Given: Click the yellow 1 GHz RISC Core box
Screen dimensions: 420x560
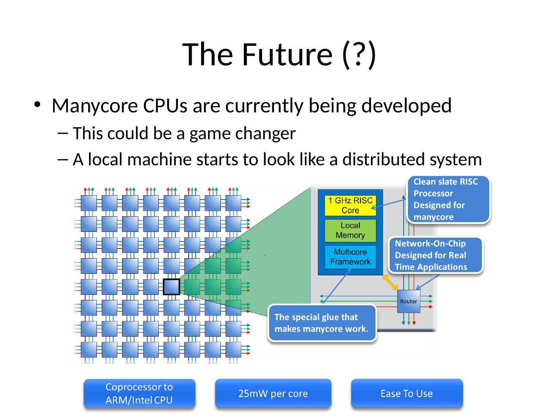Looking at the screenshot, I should tap(350, 205).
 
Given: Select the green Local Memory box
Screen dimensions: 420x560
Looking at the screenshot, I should tap(350, 230).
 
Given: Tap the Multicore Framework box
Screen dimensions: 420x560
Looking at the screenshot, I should tap(350, 257).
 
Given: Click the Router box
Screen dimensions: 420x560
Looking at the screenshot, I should tap(408, 301).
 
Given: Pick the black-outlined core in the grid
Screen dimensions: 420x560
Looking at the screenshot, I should tap(171, 287).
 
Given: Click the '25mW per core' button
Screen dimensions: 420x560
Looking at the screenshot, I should tap(273, 394).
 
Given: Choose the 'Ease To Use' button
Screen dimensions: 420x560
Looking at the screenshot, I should tap(407, 394).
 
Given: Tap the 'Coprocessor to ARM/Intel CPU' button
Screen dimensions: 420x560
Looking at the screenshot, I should tap(139, 394).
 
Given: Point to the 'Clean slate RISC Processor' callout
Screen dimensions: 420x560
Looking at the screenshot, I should tap(448, 199).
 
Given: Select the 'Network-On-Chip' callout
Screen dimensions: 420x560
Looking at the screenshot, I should tap(436, 255).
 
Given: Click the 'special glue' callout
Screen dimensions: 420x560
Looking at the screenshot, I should tap(322, 323).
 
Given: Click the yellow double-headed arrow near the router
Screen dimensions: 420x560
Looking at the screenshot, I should tap(390, 283).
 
